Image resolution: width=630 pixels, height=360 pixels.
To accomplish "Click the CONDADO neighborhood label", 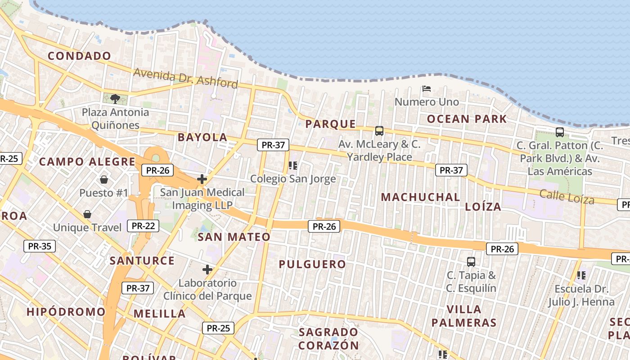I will coord(79,56).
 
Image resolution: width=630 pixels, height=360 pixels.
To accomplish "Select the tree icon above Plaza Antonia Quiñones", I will coord(115,99).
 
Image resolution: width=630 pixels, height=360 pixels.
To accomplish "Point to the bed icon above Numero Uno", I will coord(427,89).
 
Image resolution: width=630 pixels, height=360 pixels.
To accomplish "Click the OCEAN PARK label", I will coord(467,119).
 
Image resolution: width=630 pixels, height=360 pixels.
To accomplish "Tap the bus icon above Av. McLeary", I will coord(379,131).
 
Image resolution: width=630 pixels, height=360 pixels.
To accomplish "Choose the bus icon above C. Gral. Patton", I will coord(560,132).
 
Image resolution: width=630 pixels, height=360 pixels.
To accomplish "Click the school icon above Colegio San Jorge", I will coord(293,166).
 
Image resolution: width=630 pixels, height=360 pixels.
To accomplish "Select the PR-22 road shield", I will coord(144,226).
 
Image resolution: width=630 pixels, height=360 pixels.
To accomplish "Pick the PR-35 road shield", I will coord(40,246).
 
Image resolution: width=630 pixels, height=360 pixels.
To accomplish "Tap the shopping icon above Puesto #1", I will coord(104,180).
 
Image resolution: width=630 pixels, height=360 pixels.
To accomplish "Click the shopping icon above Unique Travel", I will coord(87,214).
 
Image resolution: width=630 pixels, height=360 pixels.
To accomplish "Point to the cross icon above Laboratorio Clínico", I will coord(207,270).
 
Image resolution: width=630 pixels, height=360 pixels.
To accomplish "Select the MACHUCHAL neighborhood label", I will coord(420,197).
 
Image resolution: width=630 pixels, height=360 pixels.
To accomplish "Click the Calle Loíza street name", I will coord(567,197).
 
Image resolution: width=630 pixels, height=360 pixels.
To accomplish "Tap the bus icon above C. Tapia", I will coord(471,261).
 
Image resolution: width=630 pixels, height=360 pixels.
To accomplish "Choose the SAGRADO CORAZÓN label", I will coord(329,339).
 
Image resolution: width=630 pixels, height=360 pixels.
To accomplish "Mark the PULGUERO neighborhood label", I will coord(312,264).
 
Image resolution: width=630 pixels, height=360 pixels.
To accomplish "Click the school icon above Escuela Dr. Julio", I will coord(581,274).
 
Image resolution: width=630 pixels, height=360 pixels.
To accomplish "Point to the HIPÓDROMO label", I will coord(66,312).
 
